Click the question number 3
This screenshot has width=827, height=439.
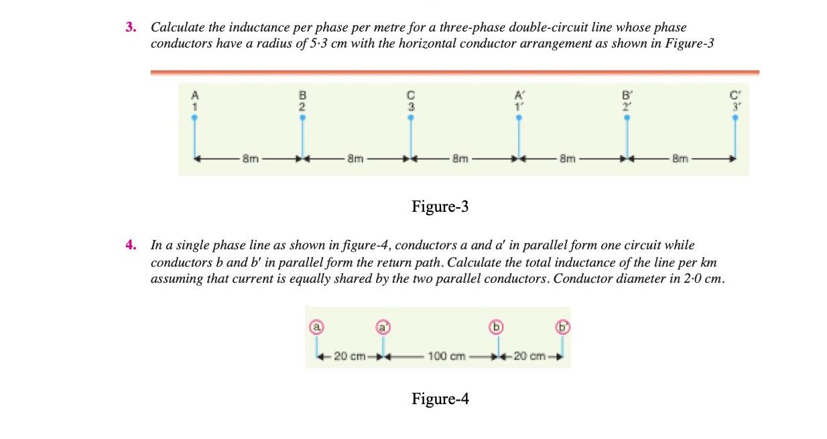click(130, 28)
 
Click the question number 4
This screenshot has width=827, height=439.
click(130, 245)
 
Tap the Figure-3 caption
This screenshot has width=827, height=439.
click(440, 207)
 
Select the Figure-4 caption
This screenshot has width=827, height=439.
click(440, 399)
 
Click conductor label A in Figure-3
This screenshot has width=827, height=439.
click(195, 95)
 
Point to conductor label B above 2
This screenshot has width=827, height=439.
click(302, 95)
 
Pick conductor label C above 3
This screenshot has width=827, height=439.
click(411, 95)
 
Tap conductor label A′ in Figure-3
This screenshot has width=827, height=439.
click(518, 95)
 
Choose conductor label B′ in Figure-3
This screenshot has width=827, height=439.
click(627, 95)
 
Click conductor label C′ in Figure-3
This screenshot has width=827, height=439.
click(735, 95)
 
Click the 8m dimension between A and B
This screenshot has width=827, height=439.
click(250, 160)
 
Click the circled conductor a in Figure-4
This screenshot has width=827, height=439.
click(315, 327)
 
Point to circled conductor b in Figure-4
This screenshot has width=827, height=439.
click(497, 327)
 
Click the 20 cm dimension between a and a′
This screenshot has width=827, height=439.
click(348, 356)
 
